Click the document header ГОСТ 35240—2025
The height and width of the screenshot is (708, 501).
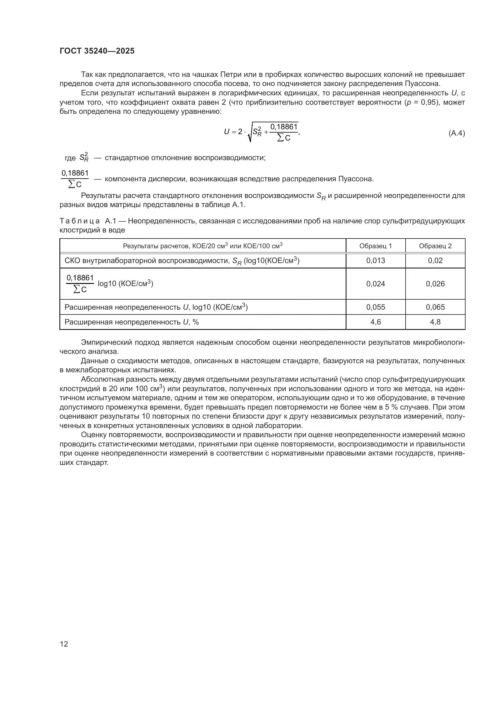click(x=97, y=51)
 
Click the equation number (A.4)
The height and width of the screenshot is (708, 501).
click(x=456, y=133)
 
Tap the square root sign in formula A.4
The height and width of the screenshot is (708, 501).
click(x=250, y=134)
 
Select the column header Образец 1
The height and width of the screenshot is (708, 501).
click(x=375, y=246)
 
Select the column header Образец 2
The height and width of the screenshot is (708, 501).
click(x=435, y=246)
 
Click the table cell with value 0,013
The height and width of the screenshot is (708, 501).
click(x=375, y=261)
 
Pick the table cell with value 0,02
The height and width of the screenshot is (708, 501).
click(x=435, y=261)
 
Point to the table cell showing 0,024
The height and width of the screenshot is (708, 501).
click(x=375, y=284)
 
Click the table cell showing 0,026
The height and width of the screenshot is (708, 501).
click(x=435, y=284)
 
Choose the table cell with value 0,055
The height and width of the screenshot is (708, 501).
click(x=375, y=307)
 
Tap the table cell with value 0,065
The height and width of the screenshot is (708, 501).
click(x=435, y=307)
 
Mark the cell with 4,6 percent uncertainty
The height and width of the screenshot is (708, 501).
click(x=375, y=322)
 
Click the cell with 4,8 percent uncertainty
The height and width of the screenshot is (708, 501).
click(x=435, y=322)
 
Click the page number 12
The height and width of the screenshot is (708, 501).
click(x=64, y=644)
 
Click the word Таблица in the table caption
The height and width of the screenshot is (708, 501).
click(x=80, y=221)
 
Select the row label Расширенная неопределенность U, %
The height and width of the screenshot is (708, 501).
click(x=131, y=322)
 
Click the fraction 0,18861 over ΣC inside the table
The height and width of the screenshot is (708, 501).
click(x=80, y=283)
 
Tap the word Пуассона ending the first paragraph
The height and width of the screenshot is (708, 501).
click(x=424, y=84)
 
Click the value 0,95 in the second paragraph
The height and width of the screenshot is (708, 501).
click(x=429, y=102)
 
